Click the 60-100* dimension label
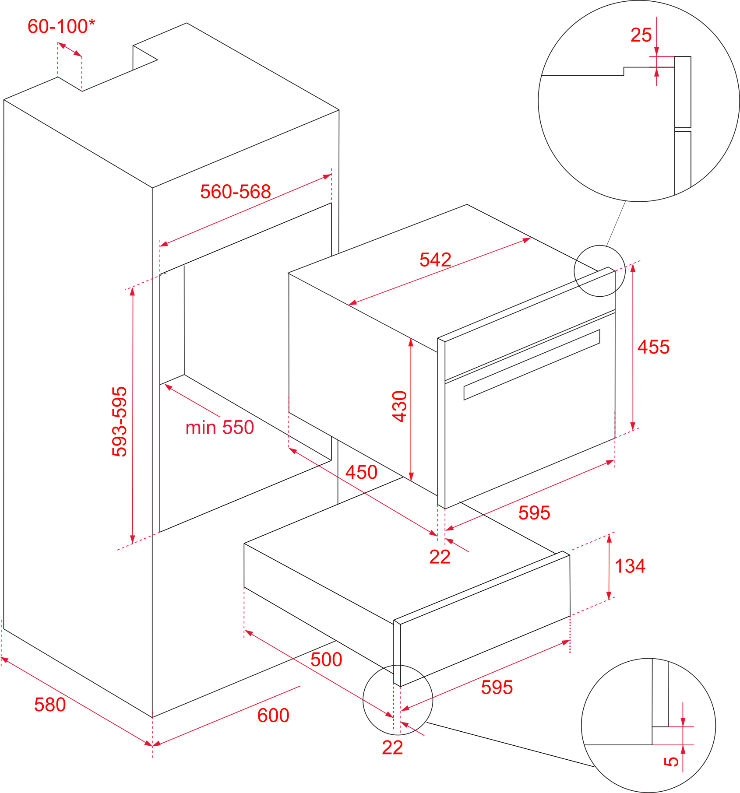[x=61, y=27]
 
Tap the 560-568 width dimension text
[x=236, y=192]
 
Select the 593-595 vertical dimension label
[x=120, y=421]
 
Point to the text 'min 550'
[x=219, y=428]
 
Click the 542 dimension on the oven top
[x=435, y=260]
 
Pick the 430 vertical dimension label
[x=400, y=406]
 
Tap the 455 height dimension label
[x=653, y=347]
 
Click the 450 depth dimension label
[x=361, y=472]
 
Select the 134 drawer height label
[x=630, y=566]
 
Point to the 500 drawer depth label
[x=326, y=660]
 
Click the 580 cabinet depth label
[x=50, y=705]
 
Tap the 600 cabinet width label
[x=273, y=716]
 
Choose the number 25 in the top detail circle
[x=641, y=35]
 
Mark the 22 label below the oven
[x=440, y=557]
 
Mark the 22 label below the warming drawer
[x=392, y=748]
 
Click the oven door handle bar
[x=532, y=365]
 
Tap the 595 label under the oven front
[x=534, y=513]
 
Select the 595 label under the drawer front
[x=497, y=688]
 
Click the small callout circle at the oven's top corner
[x=599, y=271]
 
